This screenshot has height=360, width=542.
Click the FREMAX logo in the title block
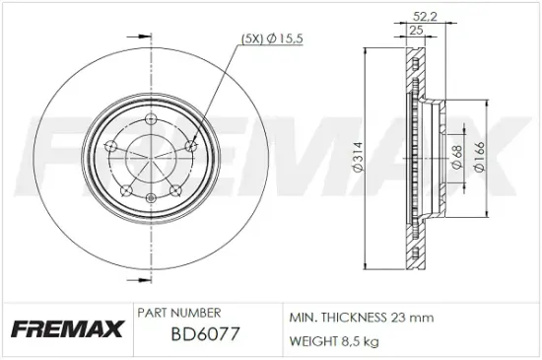click(x=66, y=328)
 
